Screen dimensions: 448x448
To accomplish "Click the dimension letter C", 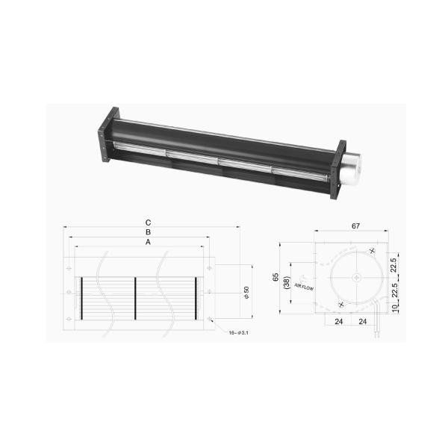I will point(149,223).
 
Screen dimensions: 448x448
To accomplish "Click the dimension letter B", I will point(149,232).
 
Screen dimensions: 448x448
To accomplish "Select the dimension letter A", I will point(149,243).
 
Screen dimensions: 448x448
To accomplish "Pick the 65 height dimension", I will point(276,277).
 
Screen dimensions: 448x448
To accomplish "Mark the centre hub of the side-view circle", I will point(355,278).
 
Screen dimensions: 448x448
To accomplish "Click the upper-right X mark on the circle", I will point(371,252).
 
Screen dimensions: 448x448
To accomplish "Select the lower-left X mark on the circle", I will point(340,305).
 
